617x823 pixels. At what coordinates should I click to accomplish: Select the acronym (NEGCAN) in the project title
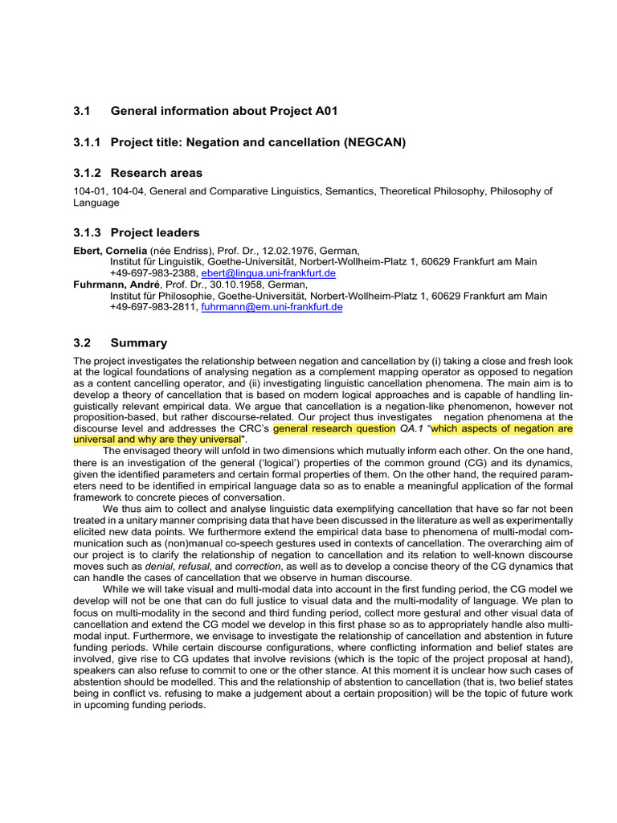pos(376,142)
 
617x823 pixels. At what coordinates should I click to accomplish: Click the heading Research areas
pos(157,173)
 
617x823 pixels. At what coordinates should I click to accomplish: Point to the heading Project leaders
pos(155,232)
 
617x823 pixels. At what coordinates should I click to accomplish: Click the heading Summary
pos(139,342)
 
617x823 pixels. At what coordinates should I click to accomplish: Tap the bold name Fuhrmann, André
pos(112,285)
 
